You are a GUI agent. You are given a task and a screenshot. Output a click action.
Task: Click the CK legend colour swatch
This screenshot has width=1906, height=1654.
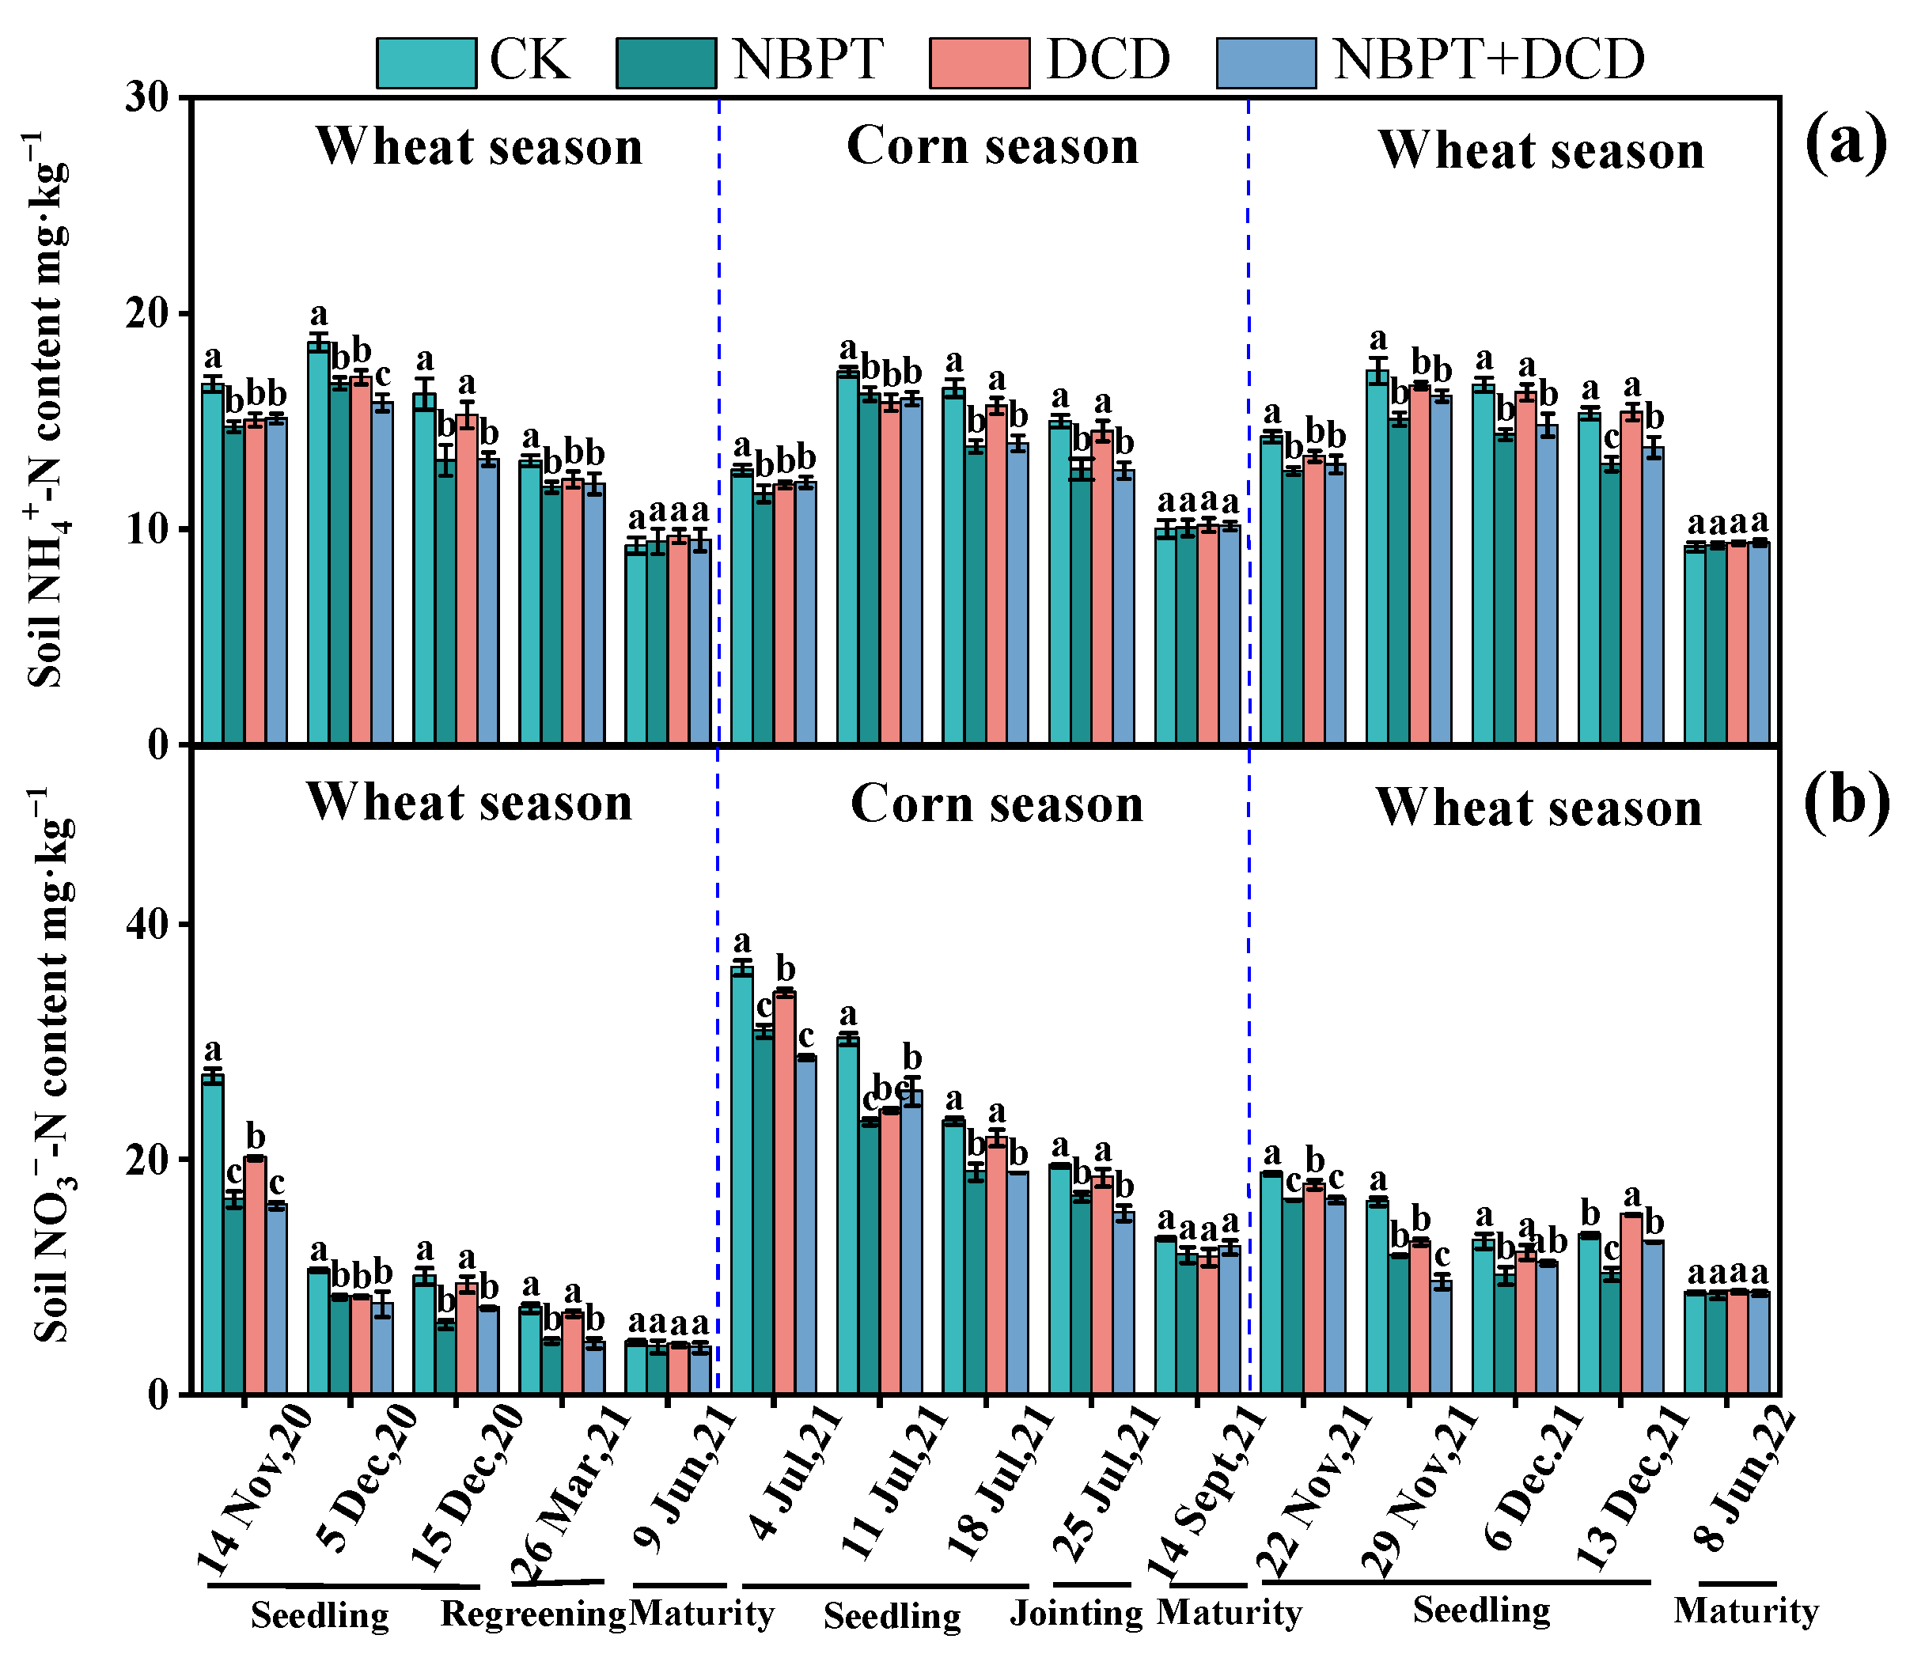coord(426,62)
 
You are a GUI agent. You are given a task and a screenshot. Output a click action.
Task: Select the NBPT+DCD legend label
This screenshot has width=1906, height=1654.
coord(1489,60)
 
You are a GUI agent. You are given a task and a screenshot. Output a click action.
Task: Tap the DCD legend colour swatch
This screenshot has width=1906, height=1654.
coord(980,62)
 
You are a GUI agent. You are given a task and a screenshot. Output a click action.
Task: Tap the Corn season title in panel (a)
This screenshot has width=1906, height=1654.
coord(992,146)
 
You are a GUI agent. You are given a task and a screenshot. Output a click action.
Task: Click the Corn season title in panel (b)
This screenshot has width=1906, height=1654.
coord(996,804)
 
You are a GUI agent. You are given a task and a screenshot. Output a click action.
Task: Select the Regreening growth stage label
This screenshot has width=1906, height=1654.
coord(532,1614)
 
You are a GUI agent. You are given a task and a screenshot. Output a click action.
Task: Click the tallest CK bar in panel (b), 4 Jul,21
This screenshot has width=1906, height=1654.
coord(742,1182)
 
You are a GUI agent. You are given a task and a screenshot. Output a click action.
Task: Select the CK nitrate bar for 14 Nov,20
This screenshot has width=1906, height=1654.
coord(212,1237)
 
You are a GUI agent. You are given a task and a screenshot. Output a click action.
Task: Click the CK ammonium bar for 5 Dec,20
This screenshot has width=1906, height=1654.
coord(318,544)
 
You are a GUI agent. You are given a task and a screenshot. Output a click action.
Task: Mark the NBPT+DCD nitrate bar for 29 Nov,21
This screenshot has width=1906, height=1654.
coord(1442,1338)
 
